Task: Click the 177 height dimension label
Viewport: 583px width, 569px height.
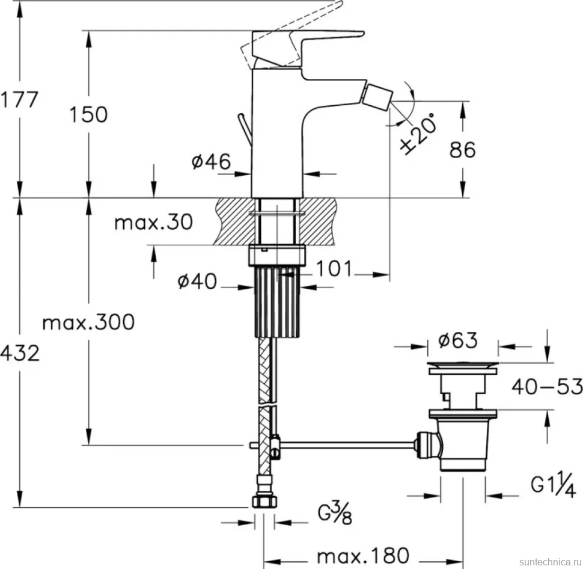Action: [x=19, y=100]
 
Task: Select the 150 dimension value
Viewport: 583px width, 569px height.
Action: [x=88, y=114]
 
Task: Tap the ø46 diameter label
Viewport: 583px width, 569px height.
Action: [x=211, y=161]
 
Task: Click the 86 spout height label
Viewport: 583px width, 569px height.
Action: [x=463, y=150]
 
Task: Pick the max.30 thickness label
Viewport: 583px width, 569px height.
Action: [x=153, y=222]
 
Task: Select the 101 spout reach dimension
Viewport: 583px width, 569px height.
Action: [x=334, y=268]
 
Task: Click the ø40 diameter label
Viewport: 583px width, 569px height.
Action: [x=197, y=281]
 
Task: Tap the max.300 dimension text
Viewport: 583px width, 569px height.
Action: [x=88, y=322]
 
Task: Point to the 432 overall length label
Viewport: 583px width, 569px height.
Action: [x=19, y=353]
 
